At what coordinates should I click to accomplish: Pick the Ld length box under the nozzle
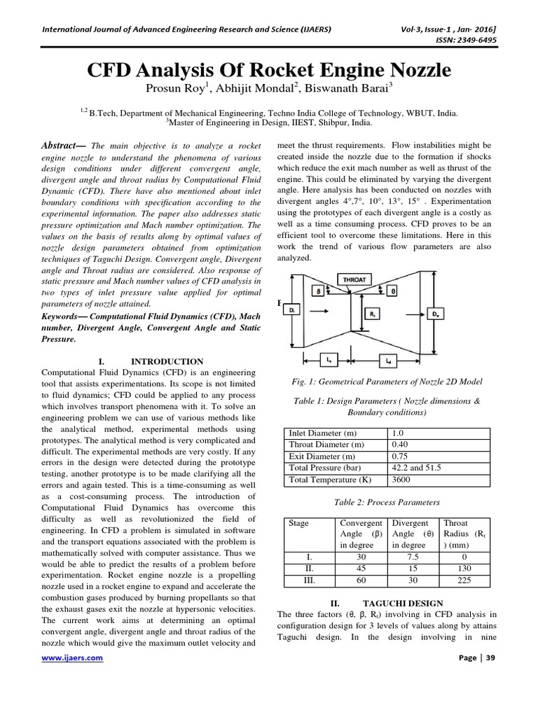389,361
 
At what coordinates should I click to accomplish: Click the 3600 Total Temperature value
401,480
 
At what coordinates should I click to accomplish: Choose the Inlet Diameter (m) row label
326,433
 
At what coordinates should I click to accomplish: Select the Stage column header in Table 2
299,523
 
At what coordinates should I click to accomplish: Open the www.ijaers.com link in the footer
73,658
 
